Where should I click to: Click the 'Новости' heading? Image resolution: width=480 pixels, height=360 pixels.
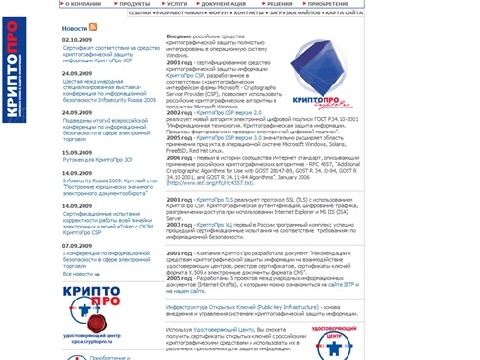74,29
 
